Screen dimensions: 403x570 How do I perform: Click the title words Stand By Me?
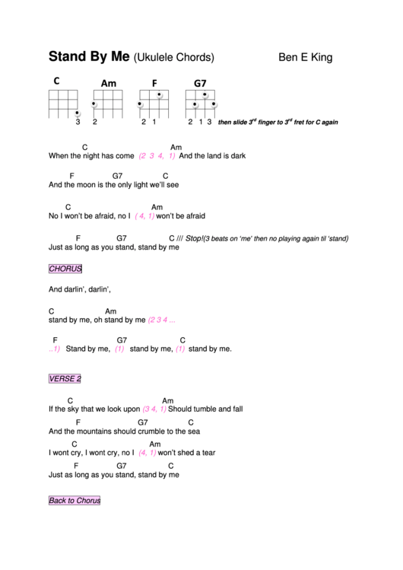pyautogui.click(x=89, y=57)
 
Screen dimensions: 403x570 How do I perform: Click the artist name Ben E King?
pyautogui.click(x=305, y=57)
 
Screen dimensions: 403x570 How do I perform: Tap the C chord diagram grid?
pyautogui.click(x=64, y=103)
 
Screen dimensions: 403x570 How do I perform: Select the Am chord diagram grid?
pyautogui.click(x=106, y=103)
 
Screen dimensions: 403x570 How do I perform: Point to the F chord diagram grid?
pyautogui.click(x=151, y=103)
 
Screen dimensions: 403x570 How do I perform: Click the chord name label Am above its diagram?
pyautogui.click(x=108, y=83)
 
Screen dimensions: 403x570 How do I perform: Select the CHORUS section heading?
pyautogui.click(x=65, y=269)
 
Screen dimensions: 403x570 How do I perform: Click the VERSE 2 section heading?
pyautogui.click(x=65, y=378)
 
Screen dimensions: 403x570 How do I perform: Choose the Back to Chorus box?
pyautogui.click(x=75, y=501)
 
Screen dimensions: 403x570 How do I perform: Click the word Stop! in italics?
pyautogui.click(x=195, y=237)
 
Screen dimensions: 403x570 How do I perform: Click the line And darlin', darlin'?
pyautogui.click(x=80, y=289)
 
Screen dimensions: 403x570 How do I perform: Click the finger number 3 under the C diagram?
pyautogui.click(x=78, y=122)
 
